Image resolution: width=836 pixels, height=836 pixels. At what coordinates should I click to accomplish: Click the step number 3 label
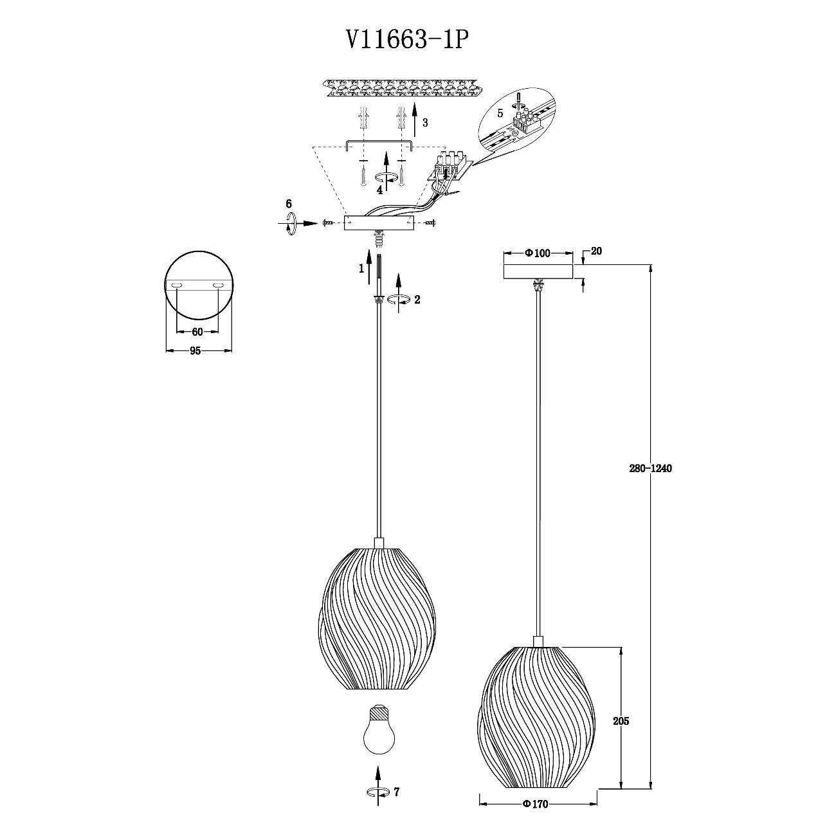[424, 123]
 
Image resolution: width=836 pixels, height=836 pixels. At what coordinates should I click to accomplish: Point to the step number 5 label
[500, 114]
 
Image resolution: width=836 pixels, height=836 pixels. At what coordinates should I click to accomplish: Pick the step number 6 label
[289, 204]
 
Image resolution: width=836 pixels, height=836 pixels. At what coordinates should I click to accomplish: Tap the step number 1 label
[361, 269]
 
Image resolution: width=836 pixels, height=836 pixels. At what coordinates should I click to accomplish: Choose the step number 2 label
[417, 300]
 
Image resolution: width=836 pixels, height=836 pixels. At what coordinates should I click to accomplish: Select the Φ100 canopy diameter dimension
[538, 253]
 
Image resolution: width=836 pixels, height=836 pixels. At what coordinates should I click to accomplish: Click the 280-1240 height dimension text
[650, 469]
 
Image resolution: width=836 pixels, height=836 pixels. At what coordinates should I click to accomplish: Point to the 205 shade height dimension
[621, 722]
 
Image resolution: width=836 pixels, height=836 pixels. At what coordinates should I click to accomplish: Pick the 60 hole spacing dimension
[197, 332]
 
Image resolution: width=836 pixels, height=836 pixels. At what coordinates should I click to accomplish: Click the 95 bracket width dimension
[195, 351]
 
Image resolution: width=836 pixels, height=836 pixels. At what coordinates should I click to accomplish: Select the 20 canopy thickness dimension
[597, 251]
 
